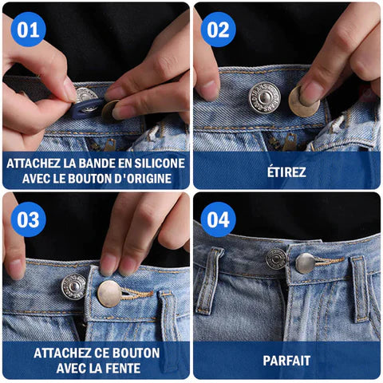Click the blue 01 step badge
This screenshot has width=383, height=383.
(28, 30)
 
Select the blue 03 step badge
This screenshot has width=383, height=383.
(28, 219)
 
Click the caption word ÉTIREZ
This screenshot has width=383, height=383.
(287, 171)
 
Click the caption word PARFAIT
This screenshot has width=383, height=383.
(287, 361)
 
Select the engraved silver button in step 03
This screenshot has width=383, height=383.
(74, 286)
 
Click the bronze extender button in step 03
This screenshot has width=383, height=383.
(109, 293)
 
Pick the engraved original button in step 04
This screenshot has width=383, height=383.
(277, 258)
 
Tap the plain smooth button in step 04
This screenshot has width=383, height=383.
(306, 263)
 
